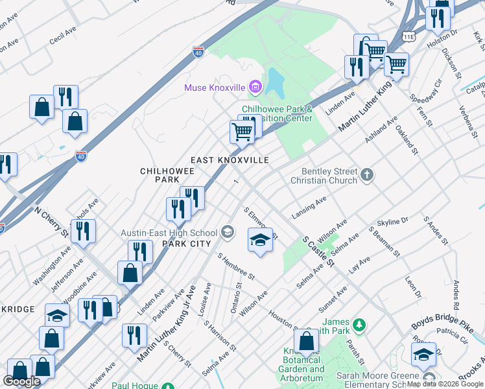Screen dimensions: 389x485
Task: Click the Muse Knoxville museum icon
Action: coord(256,87)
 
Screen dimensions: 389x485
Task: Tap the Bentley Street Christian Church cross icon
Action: coord(367,174)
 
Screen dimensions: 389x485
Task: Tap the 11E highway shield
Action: coord(408,36)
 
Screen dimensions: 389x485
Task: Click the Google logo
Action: coord(21,381)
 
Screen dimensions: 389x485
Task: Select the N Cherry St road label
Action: coord(52,220)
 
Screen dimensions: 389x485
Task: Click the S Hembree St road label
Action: coord(236,266)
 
